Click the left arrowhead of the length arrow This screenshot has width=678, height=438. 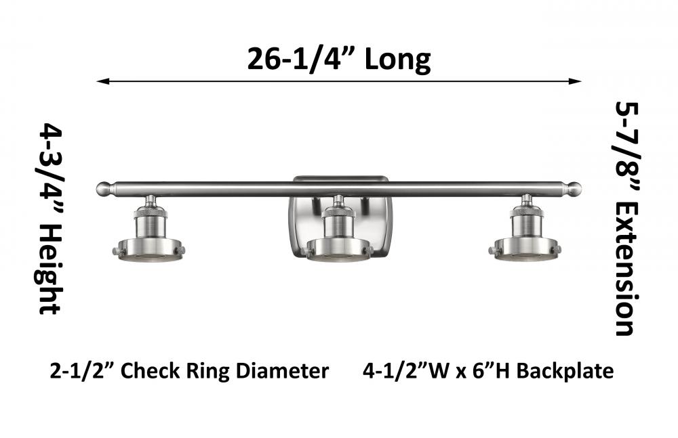click(x=103, y=81)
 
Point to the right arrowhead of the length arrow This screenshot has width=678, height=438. click(x=575, y=81)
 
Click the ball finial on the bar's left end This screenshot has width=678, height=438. click(x=103, y=189)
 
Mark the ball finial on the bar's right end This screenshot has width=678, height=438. click(x=575, y=189)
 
